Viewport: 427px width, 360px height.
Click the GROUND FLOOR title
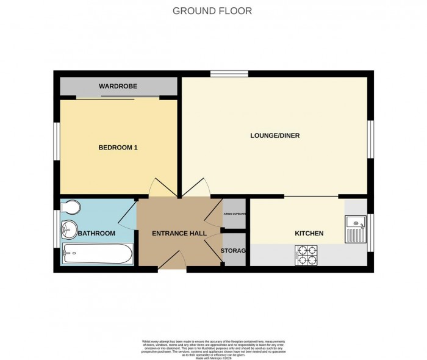click(x=212, y=11)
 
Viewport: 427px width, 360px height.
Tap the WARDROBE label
click(x=118, y=86)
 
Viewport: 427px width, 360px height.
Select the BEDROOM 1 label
click(x=118, y=147)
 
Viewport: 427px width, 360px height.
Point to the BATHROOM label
click(x=97, y=234)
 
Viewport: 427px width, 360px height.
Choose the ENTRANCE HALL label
click(x=179, y=234)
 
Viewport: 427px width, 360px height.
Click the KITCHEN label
click(x=309, y=234)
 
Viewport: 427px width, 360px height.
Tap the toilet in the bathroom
click(x=70, y=209)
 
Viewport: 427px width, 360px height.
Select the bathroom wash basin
click(x=68, y=231)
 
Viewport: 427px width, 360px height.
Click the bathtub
click(x=98, y=254)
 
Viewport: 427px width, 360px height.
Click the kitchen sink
click(x=354, y=230)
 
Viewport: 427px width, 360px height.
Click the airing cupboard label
click(x=234, y=214)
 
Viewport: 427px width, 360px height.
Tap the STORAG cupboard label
click(x=234, y=251)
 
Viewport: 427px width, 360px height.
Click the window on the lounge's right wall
click(x=370, y=139)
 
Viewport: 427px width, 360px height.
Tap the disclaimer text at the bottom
click(x=213, y=348)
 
